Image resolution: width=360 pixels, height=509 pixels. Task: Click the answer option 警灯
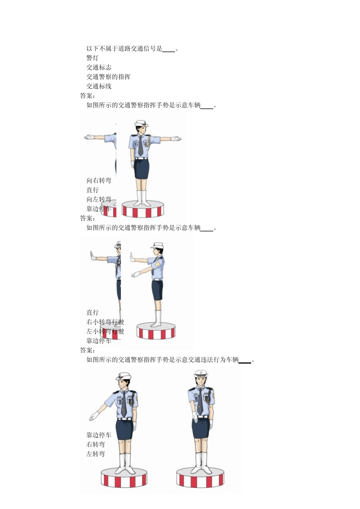(x=92, y=58)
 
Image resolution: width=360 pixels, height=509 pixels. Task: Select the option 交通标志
(x=99, y=67)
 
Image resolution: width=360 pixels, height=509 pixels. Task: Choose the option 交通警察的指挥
(x=108, y=77)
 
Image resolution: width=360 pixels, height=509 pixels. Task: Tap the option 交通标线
(x=99, y=86)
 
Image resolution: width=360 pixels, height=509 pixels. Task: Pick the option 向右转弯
(x=99, y=181)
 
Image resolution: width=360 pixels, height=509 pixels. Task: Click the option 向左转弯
(x=99, y=199)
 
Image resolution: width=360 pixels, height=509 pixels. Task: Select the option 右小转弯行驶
(x=105, y=322)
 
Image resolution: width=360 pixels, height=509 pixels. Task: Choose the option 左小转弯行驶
(x=105, y=331)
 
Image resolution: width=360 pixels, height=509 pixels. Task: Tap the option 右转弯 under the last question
(x=95, y=445)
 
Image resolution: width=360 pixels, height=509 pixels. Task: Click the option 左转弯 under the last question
(x=95, y=454)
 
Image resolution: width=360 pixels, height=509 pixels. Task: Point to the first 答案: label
(x=88, y=96)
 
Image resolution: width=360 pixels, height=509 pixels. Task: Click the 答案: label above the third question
(x=88, y=219)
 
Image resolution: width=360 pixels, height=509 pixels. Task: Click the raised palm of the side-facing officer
(x=132, y=258)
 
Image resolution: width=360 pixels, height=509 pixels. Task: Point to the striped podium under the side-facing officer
(x=156, y=331)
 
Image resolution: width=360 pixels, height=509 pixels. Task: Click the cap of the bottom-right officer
(x=201, y=374)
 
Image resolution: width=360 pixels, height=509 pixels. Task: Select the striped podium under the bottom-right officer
(x=200, y=478)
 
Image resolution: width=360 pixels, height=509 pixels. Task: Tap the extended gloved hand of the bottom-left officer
(x=93, y=417)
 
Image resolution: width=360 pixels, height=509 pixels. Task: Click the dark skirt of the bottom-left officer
(x=124, y=429)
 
